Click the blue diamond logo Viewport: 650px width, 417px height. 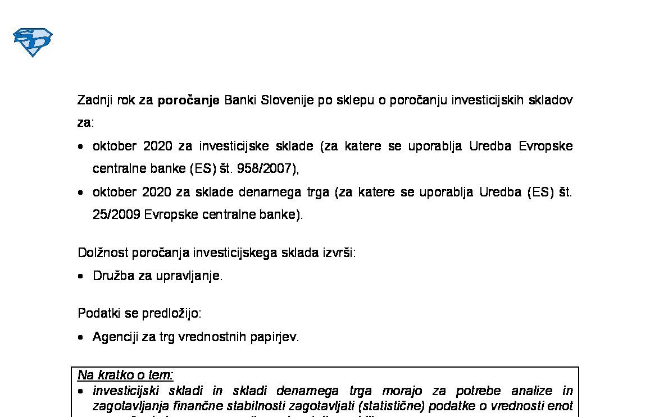33,43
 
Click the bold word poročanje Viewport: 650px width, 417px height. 188,100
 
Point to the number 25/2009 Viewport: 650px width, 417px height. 116,214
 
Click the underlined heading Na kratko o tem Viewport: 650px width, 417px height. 125,375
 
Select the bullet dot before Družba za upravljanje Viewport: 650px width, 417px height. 81,276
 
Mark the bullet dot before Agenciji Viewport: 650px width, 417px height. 81,337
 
